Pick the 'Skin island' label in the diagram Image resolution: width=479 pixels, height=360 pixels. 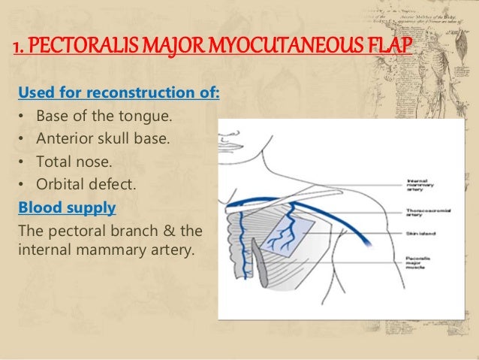pyautogui.click(x=421, y=234)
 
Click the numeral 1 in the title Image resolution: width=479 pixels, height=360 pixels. pyautogui.click(x=17, y=50)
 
